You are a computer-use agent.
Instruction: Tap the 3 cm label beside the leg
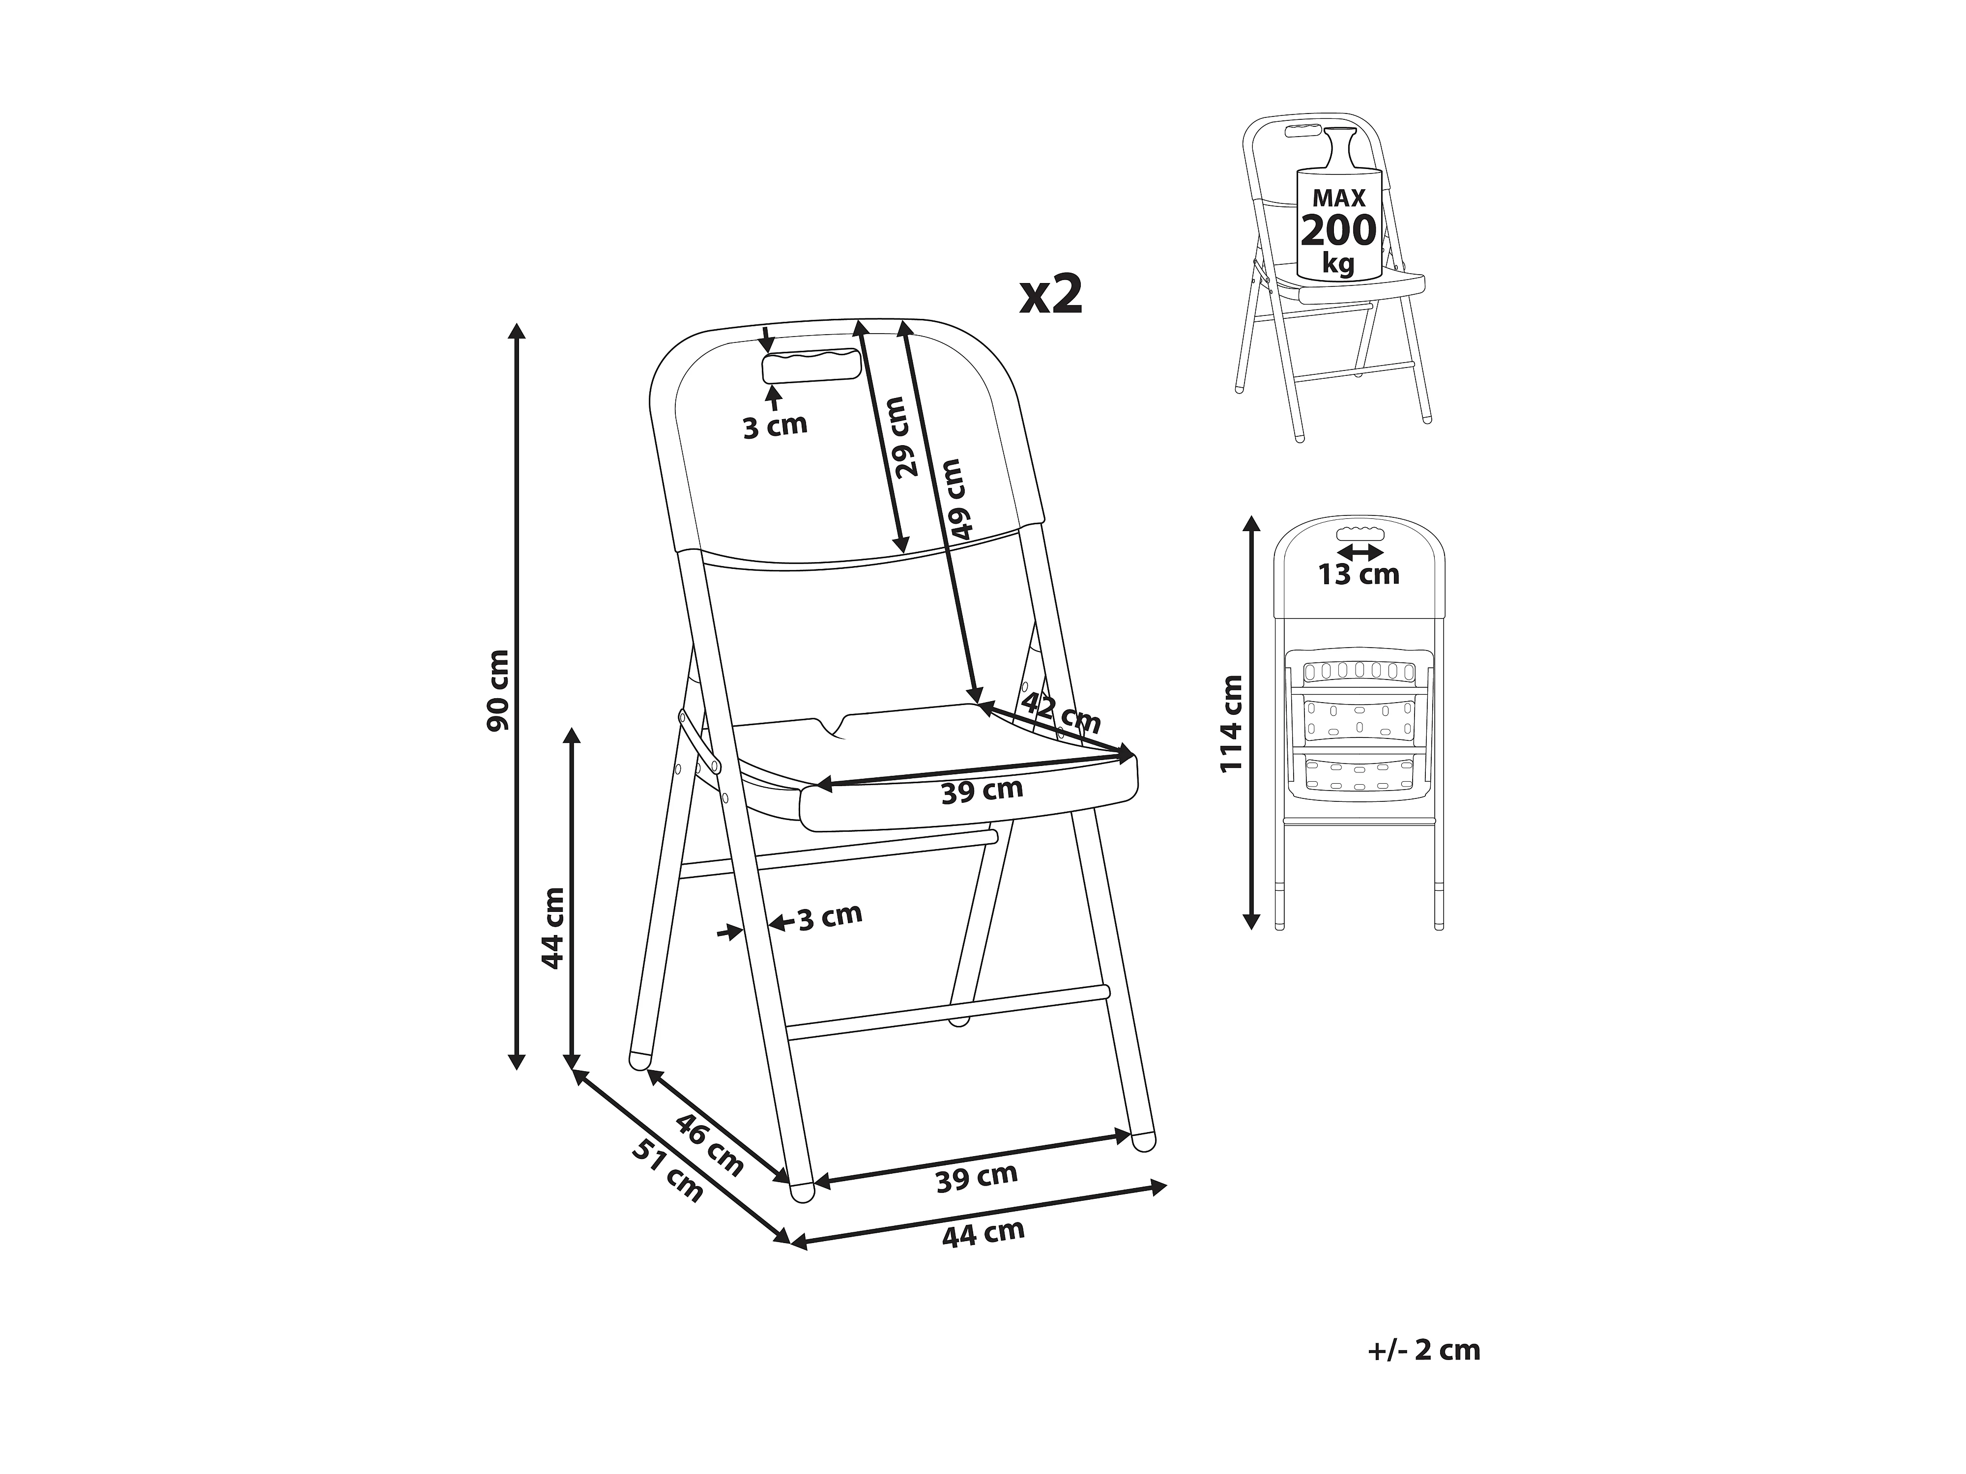[x=829, y=916]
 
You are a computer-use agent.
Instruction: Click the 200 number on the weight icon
[x=1338, y=231]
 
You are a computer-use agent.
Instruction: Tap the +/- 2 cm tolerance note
[x=1424, y=1350]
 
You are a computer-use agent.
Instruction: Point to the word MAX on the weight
[x=1338, y=197]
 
